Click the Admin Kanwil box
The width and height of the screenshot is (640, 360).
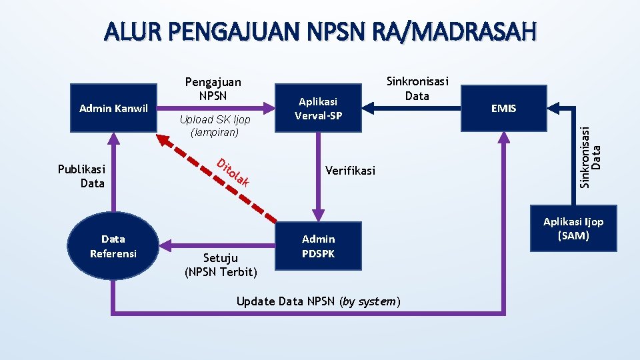tap(113, 108)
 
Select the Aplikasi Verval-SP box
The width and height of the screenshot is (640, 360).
tap(319, 108)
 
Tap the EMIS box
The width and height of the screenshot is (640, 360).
tap(503, 108)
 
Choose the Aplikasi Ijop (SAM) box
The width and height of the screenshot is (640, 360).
tap(573, 229)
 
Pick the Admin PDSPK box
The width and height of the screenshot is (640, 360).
tap(319, 246)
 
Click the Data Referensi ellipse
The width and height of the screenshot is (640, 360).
tap(113, 246)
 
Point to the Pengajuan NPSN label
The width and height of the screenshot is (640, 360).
tap(213, 89)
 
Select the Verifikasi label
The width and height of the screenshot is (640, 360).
tap(350, 171)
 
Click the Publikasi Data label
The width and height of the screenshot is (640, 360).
tap(81, 176)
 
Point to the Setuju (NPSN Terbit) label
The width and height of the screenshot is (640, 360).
tap(221, 265)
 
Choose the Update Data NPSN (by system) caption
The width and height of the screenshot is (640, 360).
tap(319, 301)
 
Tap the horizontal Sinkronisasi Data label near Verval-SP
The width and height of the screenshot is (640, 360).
tap(417, 89)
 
